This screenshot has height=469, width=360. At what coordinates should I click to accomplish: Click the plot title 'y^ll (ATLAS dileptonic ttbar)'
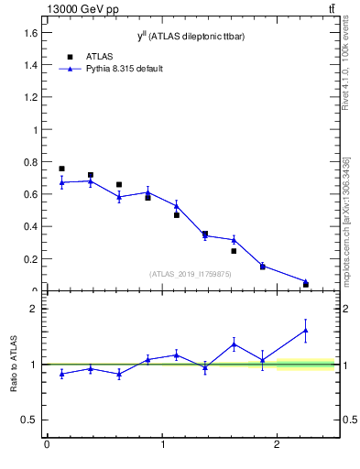pos(191,35)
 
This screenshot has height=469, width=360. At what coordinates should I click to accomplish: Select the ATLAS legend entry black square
pos(70,57)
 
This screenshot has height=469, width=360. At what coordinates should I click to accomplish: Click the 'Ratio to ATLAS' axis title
pos(15,364)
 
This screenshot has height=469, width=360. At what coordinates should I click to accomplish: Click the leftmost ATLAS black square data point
pos(61,169)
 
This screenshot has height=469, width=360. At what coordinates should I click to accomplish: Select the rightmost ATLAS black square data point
pos(306,284)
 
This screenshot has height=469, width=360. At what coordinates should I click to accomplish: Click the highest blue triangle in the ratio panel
pos(306,330)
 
